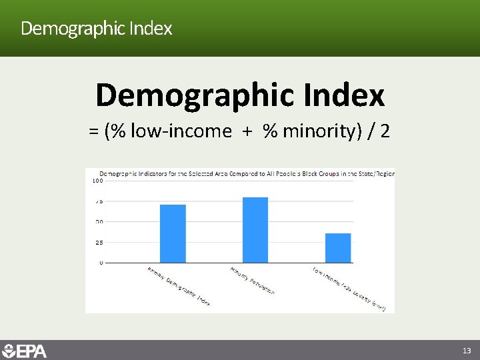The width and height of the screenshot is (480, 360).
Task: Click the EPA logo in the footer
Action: [25, 351]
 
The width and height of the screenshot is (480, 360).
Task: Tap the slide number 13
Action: [466, 351]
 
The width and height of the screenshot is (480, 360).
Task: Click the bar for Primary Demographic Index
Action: [173, 233]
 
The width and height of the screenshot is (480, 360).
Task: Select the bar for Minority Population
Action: [255, 230]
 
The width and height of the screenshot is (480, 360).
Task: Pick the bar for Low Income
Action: [338, 248]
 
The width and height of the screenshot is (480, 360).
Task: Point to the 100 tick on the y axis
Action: [97, 181]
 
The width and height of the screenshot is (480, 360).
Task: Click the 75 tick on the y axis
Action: [98, 201]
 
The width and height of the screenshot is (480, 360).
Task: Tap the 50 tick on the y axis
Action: [98, 222]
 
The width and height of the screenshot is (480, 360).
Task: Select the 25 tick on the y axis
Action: [98, 243]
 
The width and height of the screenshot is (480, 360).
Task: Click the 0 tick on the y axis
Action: [101, 263]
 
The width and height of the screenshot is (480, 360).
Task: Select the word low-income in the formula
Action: [181, 131]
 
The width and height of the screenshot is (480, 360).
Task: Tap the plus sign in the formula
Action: [247, 131]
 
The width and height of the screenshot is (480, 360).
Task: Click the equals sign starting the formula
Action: [93, 131]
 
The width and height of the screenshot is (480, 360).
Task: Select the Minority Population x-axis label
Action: [253, 281]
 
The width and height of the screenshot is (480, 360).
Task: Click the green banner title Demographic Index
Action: [97, 29]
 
